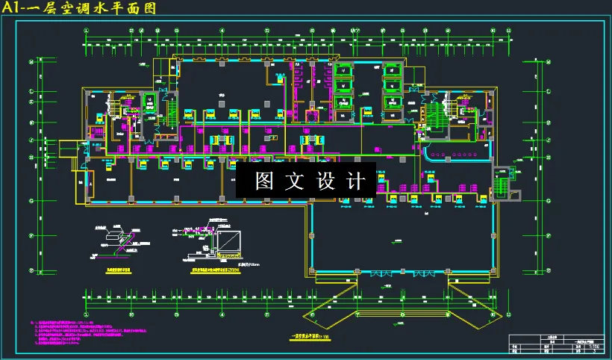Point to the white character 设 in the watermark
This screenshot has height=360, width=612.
[327, 181]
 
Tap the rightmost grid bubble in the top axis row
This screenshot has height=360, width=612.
[508, 31]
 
